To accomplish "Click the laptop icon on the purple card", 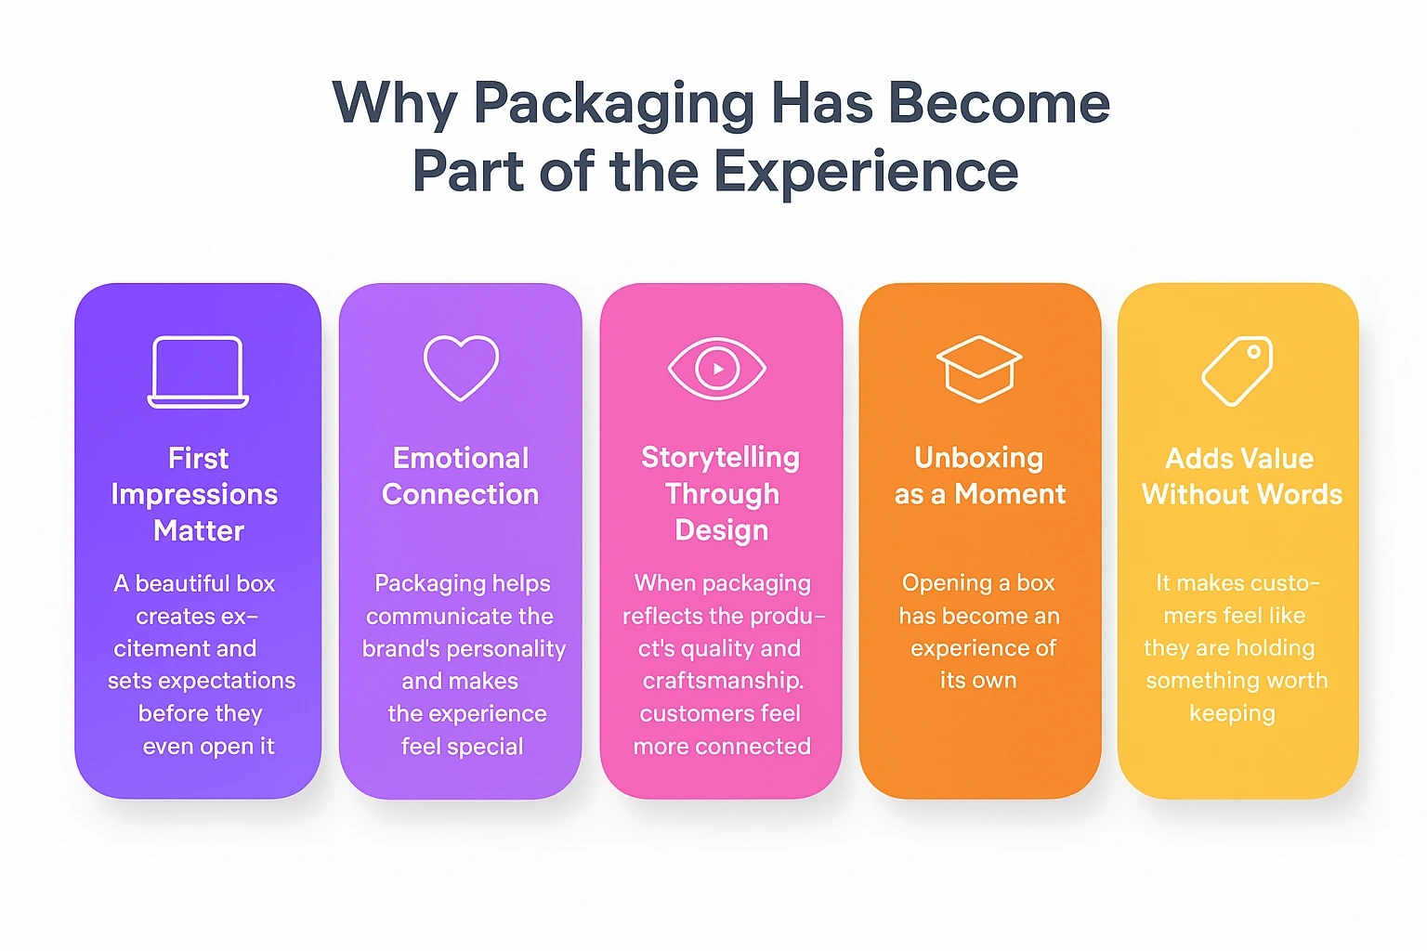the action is click(198, 371).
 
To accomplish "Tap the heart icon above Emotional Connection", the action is click(461, 368).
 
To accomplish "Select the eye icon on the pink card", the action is click(717, 369).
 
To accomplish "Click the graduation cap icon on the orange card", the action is click(979, 369).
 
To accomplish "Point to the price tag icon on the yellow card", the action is click(1237, 371).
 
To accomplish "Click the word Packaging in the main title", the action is click(614, 104).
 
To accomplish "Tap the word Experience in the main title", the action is click(866, 173).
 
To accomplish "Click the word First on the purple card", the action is click(198, 459).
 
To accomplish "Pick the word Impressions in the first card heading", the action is click(194, 495).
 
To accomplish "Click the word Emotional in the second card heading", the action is click(461, 459).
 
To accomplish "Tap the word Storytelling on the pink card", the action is click(720, 458).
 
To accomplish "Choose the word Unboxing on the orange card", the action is click(979, 458).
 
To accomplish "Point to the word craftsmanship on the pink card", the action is click(723, 681).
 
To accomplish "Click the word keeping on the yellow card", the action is click(1232, 713).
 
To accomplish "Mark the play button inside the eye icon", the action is click(717, 369).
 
